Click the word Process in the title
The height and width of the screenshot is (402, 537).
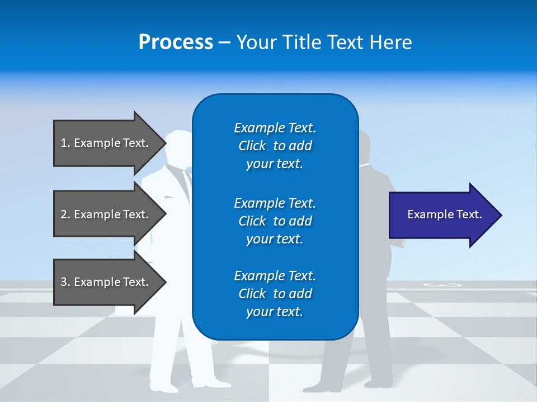pos(176,42)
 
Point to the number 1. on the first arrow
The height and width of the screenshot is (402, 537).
pos(65,143)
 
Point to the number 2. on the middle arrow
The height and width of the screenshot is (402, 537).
pos(65,214)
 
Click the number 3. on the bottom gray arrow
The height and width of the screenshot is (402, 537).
pos(65,282)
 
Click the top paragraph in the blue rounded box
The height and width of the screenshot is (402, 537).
pos(275,146)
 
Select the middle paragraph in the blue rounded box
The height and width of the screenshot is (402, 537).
pos(275,221)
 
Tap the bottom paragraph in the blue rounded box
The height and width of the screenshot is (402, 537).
pos(275,294)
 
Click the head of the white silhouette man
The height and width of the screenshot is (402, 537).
pos(180,146)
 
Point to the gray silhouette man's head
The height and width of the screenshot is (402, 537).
pos(364,146)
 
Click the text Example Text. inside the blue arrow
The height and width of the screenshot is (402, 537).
pos(444,214)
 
